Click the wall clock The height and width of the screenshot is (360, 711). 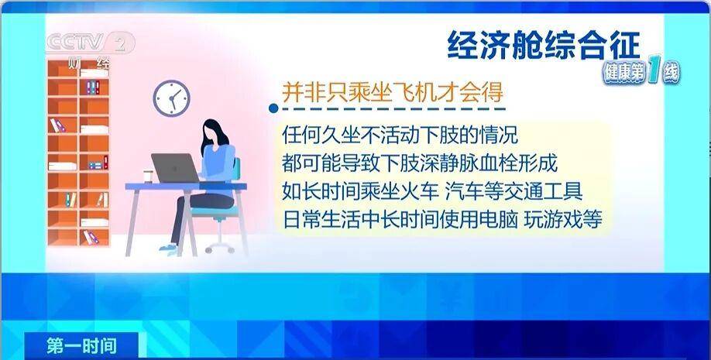pos(171,98)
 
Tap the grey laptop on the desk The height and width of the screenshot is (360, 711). pos(175,168)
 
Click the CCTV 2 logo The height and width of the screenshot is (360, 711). pos(91,43)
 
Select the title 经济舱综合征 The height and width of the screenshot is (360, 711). pos(543,45)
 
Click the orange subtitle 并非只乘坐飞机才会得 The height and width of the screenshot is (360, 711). pos(393,92)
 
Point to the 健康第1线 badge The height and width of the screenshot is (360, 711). pos(641,72)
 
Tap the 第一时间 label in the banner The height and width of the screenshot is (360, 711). pos(81,346)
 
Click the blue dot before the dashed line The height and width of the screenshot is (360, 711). pos(273,108)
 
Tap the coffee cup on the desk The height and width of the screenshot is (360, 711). pos(148,176)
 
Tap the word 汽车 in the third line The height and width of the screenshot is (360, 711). pos(463,191)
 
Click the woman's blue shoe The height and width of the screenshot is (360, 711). pos(169,248)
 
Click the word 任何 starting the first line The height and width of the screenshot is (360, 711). pos(301,135)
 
